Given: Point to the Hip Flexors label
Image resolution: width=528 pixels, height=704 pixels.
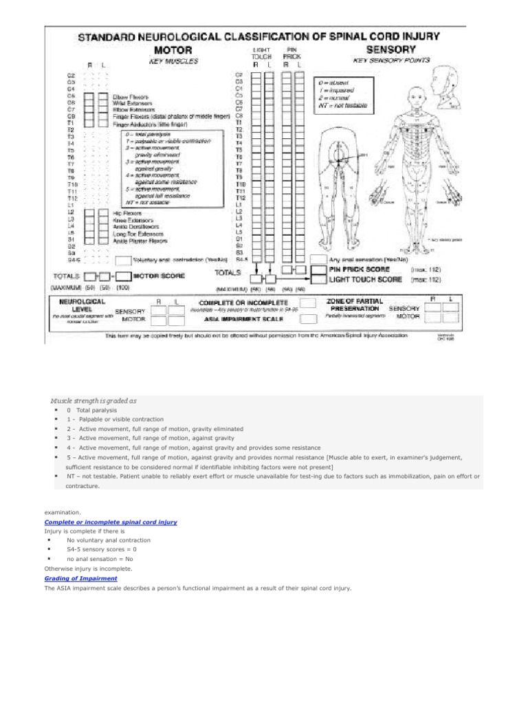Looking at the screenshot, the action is (x=129, y=214).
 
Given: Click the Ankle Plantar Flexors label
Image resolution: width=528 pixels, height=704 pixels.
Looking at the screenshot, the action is (x=140, y=241).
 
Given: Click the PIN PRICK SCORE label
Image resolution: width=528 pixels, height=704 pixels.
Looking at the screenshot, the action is (x=359, y=270).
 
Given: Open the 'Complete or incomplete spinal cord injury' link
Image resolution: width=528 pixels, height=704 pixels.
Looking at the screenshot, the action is (x=111, y=522).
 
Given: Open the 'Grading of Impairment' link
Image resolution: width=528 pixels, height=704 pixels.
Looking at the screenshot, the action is (x=76, y=579).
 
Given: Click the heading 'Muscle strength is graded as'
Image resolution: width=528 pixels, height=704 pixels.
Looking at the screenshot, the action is (x=93, y=399).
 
